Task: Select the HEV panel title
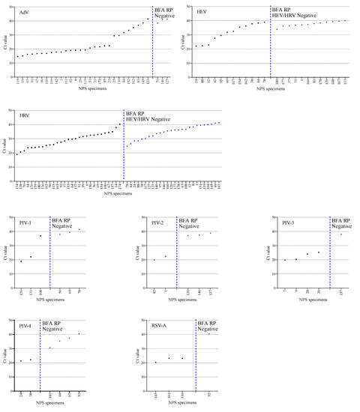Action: tap(201, 11)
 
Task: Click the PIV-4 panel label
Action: tap(25, 325)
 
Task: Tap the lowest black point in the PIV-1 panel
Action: tap(21, 261)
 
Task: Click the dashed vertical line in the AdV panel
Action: tap(152, 45)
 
